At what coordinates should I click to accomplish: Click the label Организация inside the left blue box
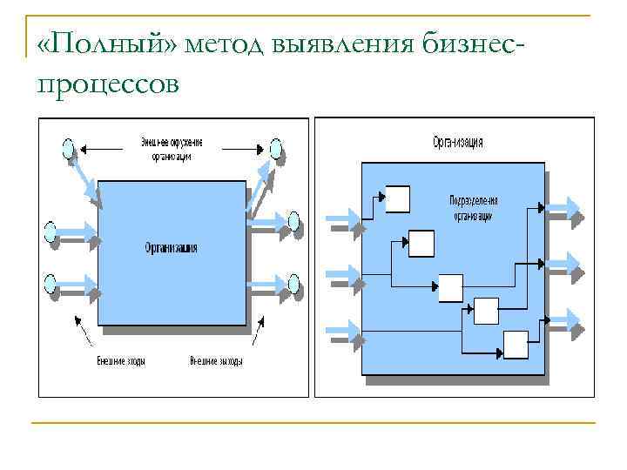pyautogui.click(x=171, y=248)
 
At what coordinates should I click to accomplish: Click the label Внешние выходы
pyautogui.click(x=216, y=360)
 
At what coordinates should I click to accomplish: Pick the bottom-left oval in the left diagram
pyautogui.click(x=51, y=283)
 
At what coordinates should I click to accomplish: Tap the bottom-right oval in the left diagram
pyautogui.click(x=294, y=283)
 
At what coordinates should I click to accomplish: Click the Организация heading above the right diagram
pyautogui.click(x=457, y=142)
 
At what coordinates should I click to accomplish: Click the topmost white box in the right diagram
pyautogui.click(x=397, y=199)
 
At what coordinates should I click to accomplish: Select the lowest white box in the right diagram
pyautogui.click(x=516, y=345)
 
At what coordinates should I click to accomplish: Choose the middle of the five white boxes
pyautogui.click(x=451, y=287)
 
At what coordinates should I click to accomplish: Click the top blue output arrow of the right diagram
pyautogui.click(x=566, y=208)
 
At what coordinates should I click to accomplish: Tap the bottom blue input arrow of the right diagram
pyautogui.click(x=342, y=332)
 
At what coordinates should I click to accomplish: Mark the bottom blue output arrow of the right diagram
pyautogui.click(x=566, y=320)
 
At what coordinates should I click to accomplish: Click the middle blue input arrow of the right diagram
pyautogui.click(x=342, y=277)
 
